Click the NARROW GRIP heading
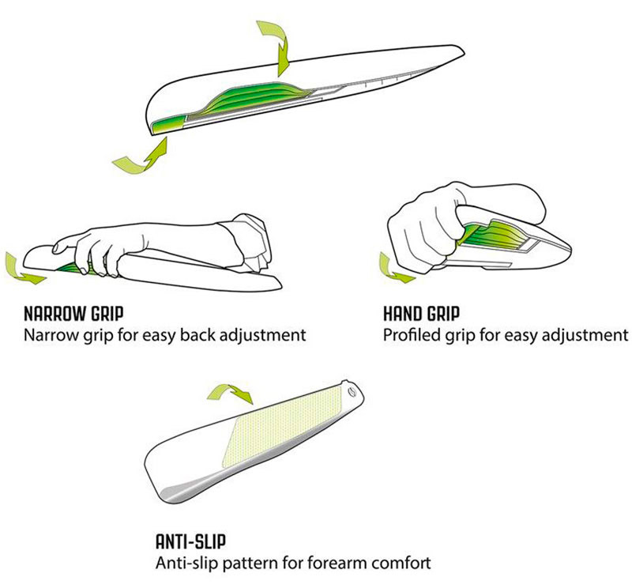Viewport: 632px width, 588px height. pos(73,314)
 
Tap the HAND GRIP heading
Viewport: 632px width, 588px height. pos(421,314)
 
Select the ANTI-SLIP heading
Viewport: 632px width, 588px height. pos(190,541)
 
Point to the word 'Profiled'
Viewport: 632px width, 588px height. pos(412,335)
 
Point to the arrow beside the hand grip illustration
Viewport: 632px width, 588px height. pos(393,271)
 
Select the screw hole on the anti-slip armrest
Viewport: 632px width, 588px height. pos(352,393)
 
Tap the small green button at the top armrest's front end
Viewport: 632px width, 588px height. pos(168,124)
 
